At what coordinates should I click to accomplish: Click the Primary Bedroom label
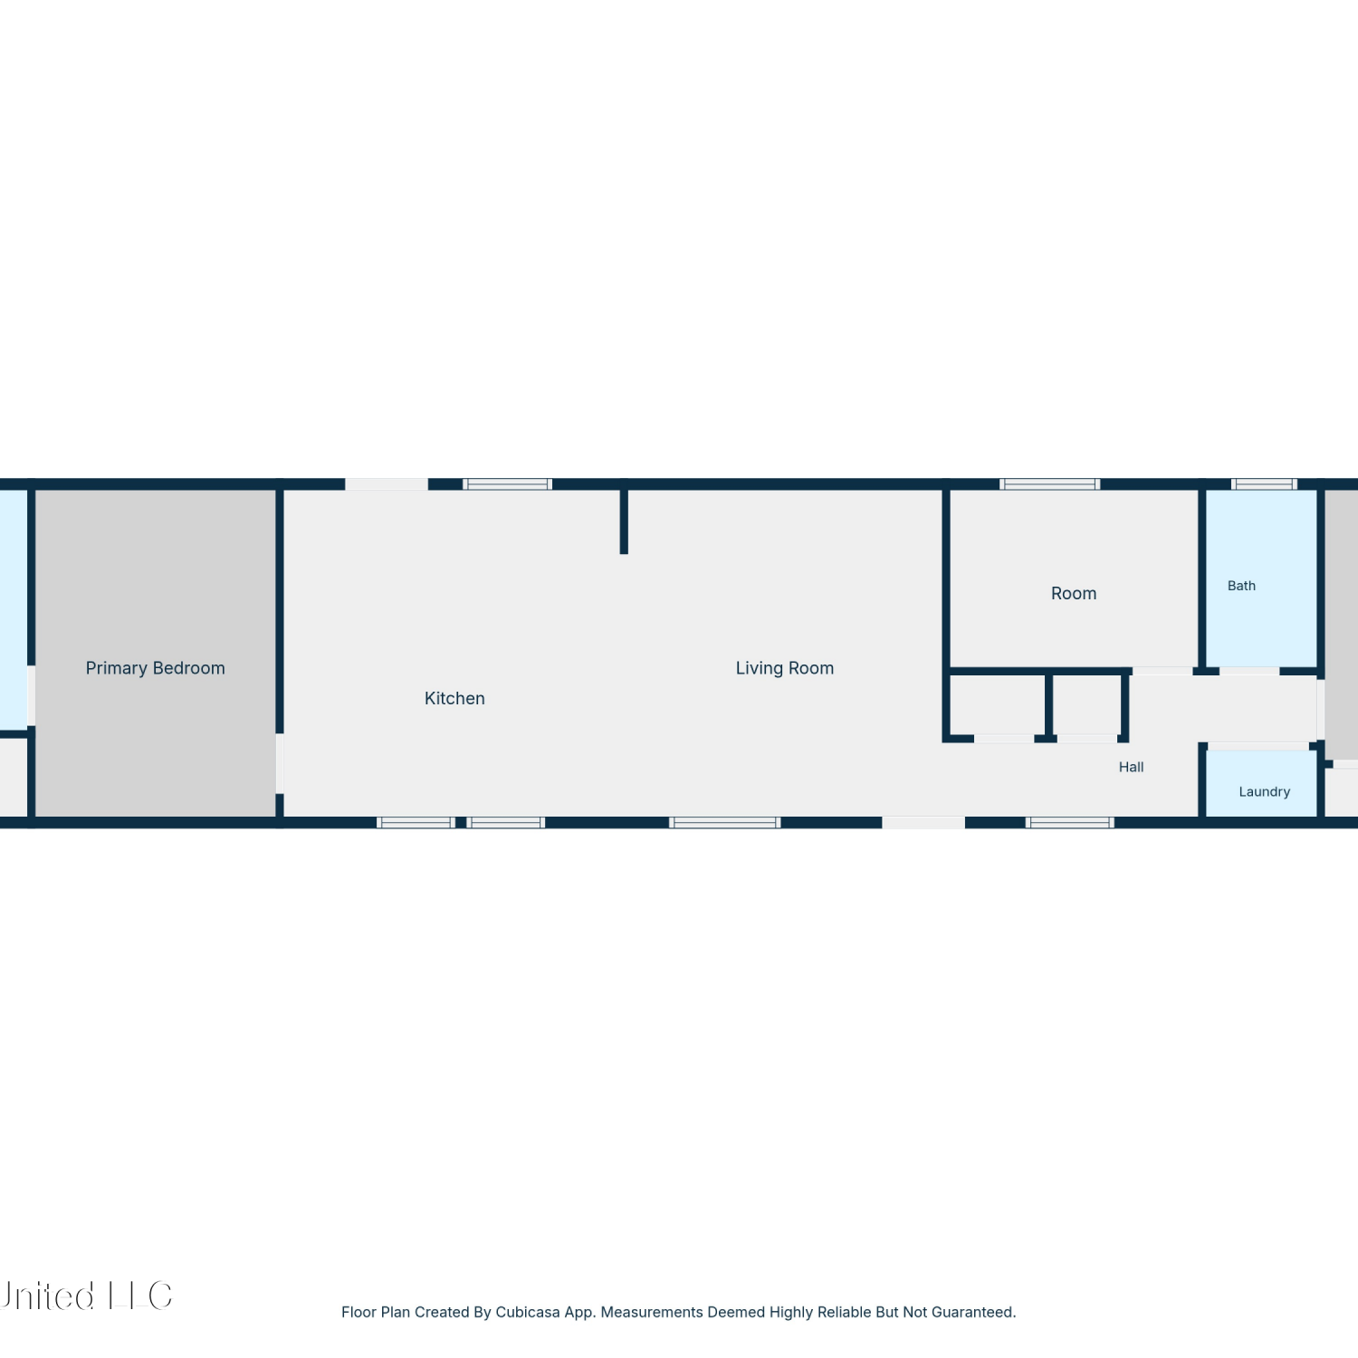pos(155,668)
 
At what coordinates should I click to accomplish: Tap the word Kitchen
pos(454,698)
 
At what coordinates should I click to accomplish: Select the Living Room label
pos(785,668)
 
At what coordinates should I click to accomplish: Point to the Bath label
pos(1241,586)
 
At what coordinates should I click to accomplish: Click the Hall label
pos(1131,767)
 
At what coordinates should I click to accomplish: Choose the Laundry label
pos(1264,791)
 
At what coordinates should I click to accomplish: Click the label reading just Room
pos(1074,593)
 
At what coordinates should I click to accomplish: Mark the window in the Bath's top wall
pos(1265,484)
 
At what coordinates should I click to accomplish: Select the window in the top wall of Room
pos(1050,484)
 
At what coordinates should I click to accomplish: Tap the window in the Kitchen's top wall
pos(507,484)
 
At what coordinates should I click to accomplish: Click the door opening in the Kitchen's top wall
pos(387,484)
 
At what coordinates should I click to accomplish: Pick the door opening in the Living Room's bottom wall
pos(923,822)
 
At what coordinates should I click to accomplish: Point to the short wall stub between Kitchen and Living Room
pos(624,521)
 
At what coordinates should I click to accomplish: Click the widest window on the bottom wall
pos(725,822)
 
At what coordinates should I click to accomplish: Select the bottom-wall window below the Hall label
pos(1070,822)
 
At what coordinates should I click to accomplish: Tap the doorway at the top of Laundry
pos(1258,746)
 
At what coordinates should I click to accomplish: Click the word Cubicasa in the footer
pos(528,1312)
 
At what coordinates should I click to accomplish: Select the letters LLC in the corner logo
pos(140,1296)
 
